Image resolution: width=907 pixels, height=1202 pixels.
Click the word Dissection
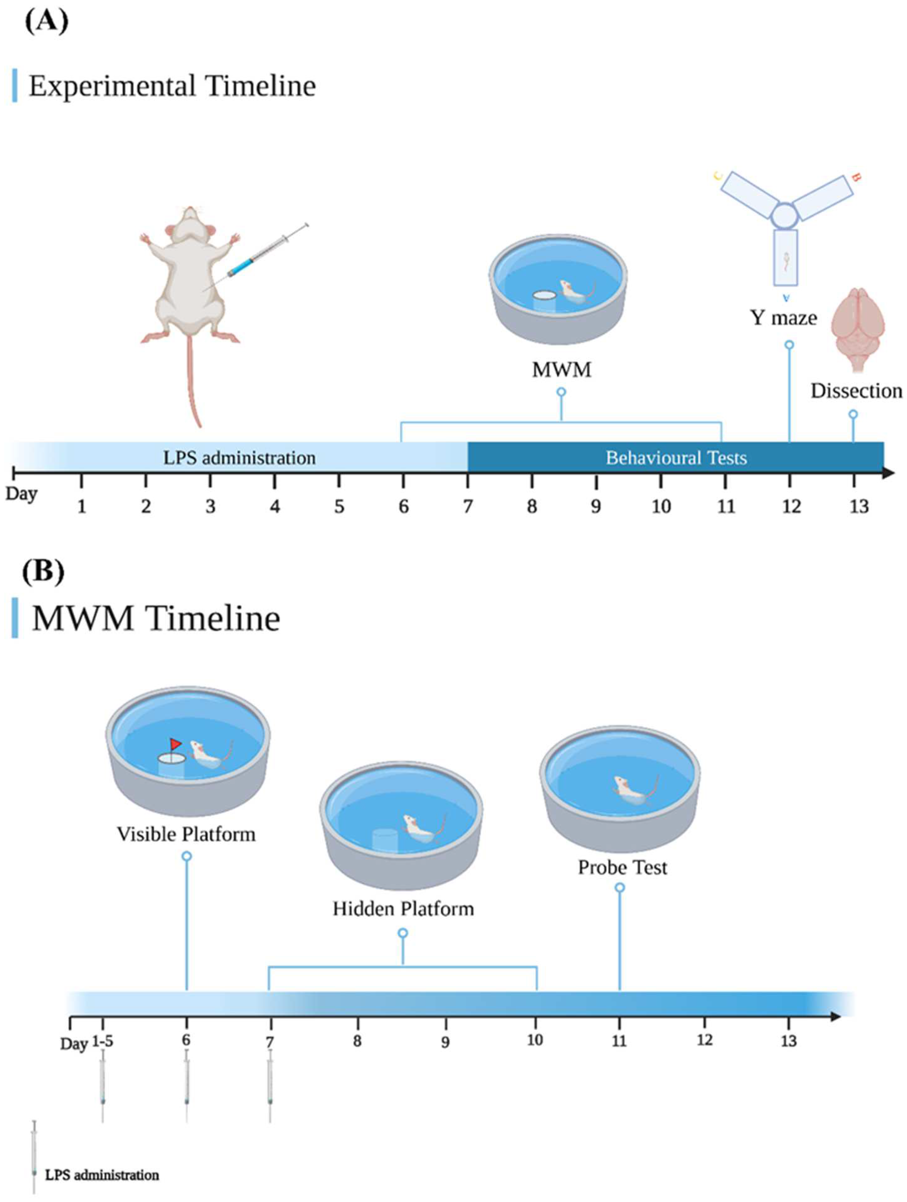click(x=856, y=391)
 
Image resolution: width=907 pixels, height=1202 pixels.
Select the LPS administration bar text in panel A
click(x=239, y=457)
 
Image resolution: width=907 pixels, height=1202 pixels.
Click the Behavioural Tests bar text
click(x=676, y=457)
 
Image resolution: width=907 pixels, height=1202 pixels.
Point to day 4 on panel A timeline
click(x=275, y=506)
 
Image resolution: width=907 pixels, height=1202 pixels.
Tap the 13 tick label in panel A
click(x=859, y=506)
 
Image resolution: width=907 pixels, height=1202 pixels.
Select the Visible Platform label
click(x=186, y=834)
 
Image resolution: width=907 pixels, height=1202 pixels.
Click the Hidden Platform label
click(x=403, y=909)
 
